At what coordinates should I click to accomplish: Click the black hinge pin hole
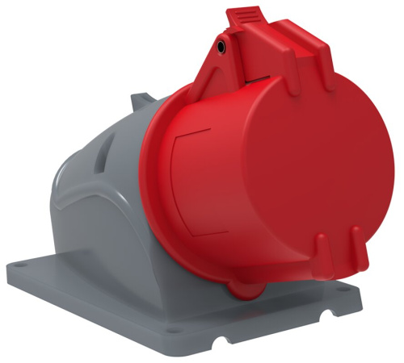coord(221,49)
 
